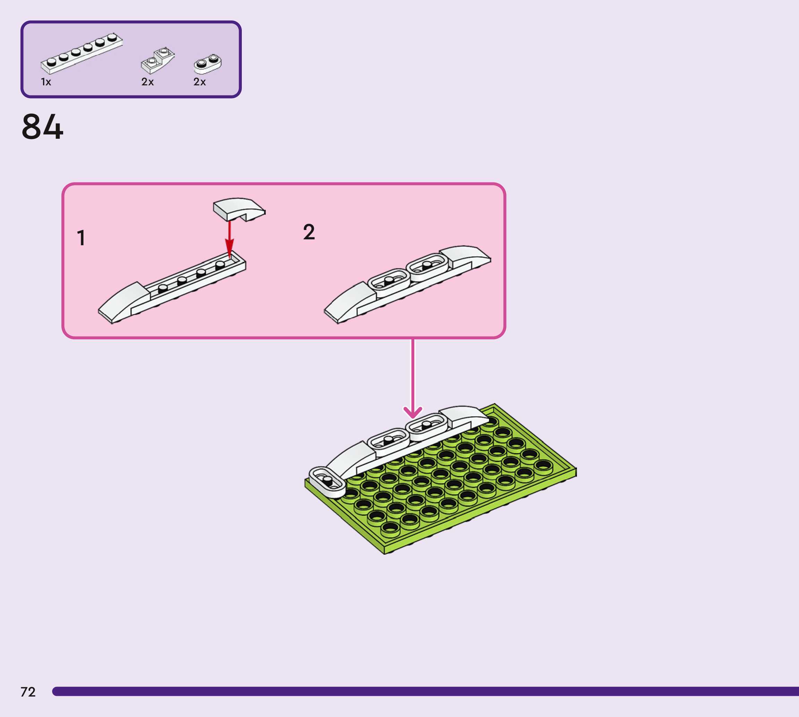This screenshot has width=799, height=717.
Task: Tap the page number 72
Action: tap(28, 692)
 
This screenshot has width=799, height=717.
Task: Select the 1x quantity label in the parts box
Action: tap(46, 82)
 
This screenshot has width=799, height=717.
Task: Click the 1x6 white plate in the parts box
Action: tap(82, 53)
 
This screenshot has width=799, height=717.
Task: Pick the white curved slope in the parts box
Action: tap(158, 61)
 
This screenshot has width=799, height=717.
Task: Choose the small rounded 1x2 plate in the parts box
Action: tap(207, 64)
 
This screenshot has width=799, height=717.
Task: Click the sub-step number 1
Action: tap(81, 238)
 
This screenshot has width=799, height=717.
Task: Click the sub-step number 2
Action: tap(309, 232)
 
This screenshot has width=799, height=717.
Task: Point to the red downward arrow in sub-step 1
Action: tap(229, 240)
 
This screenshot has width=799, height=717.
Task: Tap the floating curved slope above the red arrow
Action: tap(238, 208)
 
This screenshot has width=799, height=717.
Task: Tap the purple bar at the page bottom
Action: tap(425, 691)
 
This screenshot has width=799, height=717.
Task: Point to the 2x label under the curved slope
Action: tap(147, 82)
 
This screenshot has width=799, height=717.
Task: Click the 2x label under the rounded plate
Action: tap(199, 82)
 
